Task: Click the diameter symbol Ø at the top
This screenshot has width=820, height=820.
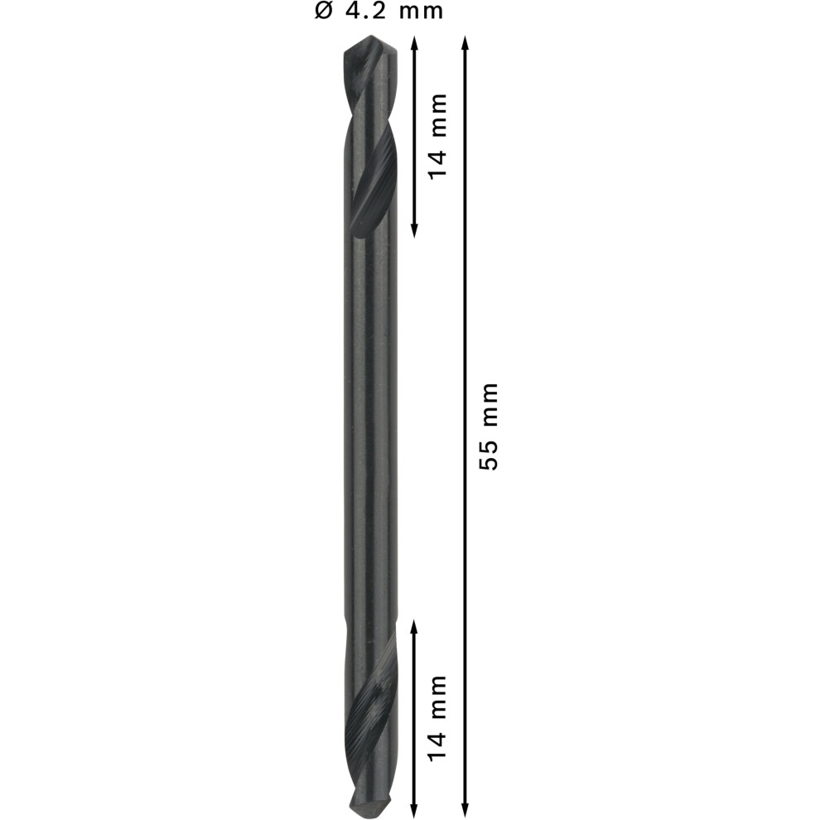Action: (324, 11)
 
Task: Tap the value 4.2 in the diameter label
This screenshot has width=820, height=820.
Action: (365, 11)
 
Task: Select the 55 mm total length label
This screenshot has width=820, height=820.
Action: (490, 427)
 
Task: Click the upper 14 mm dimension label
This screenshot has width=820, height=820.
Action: (437, 137)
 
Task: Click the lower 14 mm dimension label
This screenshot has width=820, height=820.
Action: (437, 718)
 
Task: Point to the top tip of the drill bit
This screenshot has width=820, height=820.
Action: (370, 36)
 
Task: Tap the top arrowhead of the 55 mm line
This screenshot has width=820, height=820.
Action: (465, 42)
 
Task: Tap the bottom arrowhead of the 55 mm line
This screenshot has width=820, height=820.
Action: (465, 809)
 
